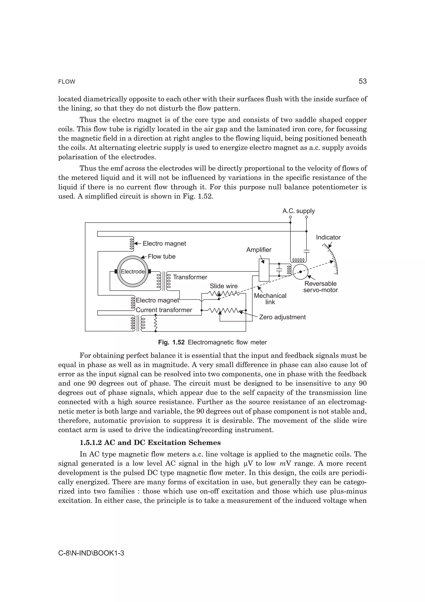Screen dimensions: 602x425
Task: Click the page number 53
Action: pyautogui.click(x=362, y=81)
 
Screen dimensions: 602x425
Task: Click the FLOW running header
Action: pyautogui.click(x=67, y=82)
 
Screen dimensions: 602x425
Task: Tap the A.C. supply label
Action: pyautogui.click(x=299, y=211)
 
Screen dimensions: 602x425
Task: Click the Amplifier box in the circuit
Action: pyautogui.click(x=264, y=270)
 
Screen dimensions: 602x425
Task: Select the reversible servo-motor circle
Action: pyautogui.click(x=300, y=272)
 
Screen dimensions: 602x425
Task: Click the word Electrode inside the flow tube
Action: pyautogui.click(x=133, y=272)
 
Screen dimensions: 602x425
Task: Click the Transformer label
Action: pyautogui.click(x=190, y=277)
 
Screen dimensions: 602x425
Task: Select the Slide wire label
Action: pyautogui.click(x=224, y=286)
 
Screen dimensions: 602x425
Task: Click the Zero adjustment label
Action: pyautogui.click(x=282, y=317)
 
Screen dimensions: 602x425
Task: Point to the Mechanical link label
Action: pyautogui.click(x=270, y=299)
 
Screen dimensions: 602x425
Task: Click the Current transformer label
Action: pyautogui.click(x=164, y=310)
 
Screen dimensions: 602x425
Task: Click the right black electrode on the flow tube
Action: pyautogui.click(x=150, y=271)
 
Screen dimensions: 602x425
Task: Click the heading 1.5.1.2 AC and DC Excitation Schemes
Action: pyautogui.click(x=150, y=443)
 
